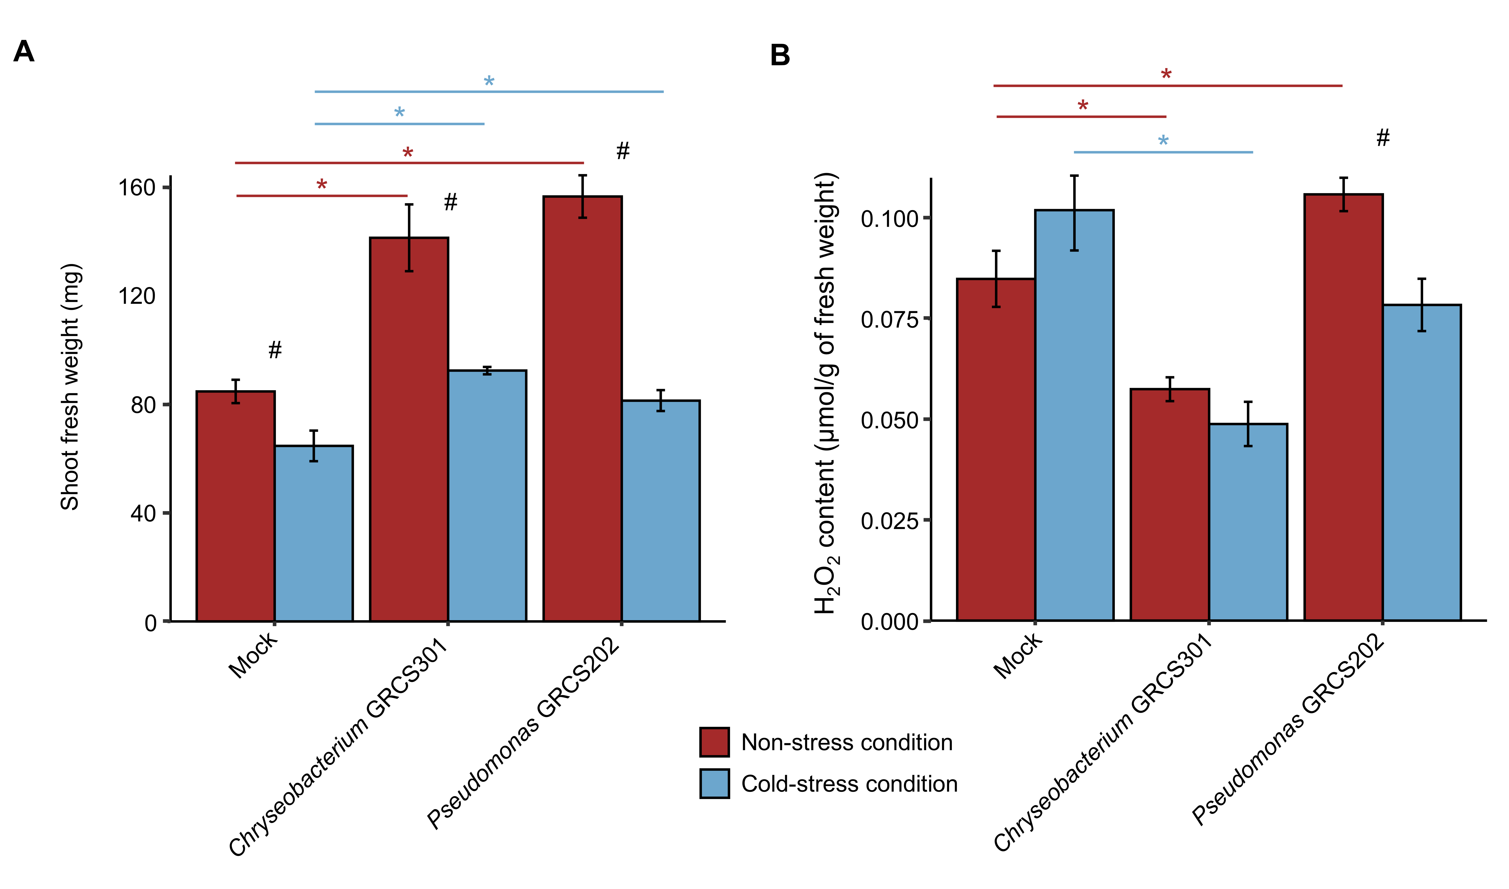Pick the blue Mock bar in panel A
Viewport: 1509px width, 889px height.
314,533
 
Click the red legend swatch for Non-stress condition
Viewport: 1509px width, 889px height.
714,742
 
